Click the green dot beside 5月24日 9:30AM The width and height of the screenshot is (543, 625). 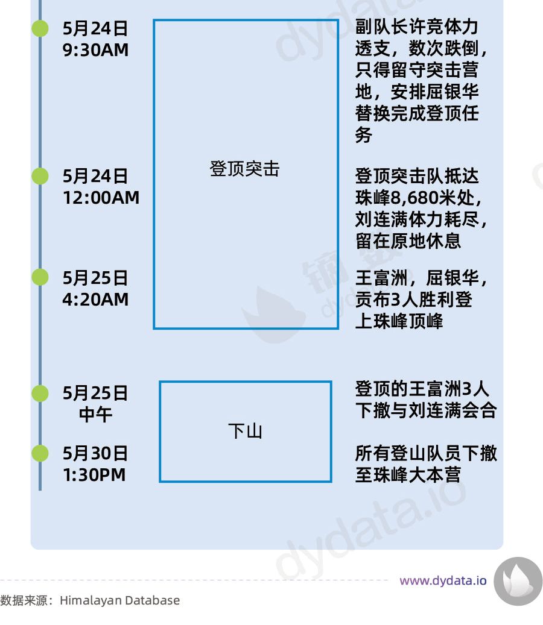pyautogui.click(x=40, y=28)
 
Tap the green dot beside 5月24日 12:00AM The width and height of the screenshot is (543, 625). pyautogui.click(x=40, y=176)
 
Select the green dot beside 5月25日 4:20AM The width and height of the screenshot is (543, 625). pyautogui.click(x=40, y=277)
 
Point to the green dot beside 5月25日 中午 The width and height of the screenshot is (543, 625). pyautogui.click(x=40, y=393)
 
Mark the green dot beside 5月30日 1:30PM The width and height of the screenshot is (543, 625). pyautogui.click(x=40, y=453)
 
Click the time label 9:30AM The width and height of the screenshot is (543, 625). pyautogui.click(x=95, y=50)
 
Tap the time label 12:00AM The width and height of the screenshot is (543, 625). pyautogui.click(x=101, y=198)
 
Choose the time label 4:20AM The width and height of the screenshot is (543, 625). pyautogui.click(x=95, y=300)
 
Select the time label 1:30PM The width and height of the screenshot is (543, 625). pyautogui.click(x=94, y=475)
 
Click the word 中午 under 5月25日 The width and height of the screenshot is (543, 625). pyautogui.click(x=95, y=415)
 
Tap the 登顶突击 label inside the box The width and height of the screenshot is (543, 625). pyautogui.click(x=245, y=169)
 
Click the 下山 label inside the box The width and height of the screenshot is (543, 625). pyautogui.click(x=245, y=432)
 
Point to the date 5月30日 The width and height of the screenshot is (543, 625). pyautogui.click(x=95, y=453)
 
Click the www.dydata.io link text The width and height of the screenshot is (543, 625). pyautogui.click(x=443, y=581)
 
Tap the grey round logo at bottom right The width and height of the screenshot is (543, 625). pyautogui.click(x=518, y=581)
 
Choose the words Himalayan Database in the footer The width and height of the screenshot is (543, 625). pyautogui.click(x=119, y=600)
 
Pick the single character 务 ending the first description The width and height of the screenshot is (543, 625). pyautogui.click(x=363, y=136)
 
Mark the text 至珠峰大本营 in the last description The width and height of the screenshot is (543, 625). pyautogui.click(x=408, y=475)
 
